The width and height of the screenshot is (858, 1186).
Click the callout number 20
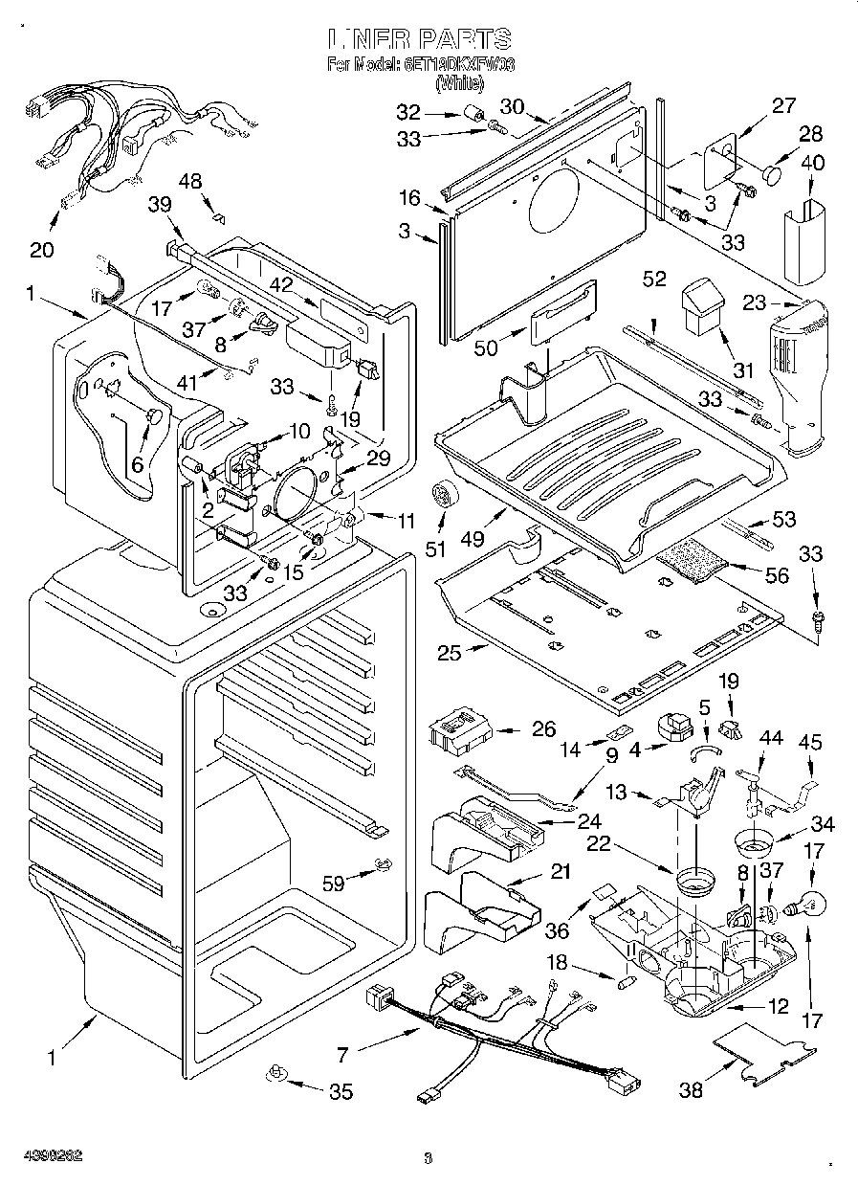point(41,250)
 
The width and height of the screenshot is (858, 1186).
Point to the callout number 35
point(340,1091)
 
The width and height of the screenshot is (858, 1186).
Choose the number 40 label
point(811,163)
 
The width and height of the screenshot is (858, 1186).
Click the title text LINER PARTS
point(421,39)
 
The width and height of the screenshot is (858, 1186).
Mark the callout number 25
point(450,654)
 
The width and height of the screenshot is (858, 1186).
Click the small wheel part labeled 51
point(443,494)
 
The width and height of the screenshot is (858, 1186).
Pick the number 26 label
point(543,730)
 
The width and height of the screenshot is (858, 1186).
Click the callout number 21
point(560,871)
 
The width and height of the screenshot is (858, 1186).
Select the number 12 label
point(779,1006)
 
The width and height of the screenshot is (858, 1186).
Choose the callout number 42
point(279,283)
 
